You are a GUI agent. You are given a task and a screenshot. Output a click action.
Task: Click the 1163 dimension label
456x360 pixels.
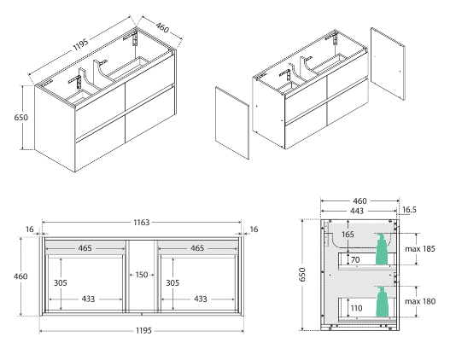click(142, 222)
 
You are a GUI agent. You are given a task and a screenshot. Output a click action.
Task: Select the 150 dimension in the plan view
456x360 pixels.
click(142, 275)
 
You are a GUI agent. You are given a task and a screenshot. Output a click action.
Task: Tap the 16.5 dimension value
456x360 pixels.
click(409, 209)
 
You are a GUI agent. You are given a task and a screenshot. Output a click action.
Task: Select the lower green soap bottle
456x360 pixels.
click(383, 300)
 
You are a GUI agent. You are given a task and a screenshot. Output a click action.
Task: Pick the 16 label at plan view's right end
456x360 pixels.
click(254, 229)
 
